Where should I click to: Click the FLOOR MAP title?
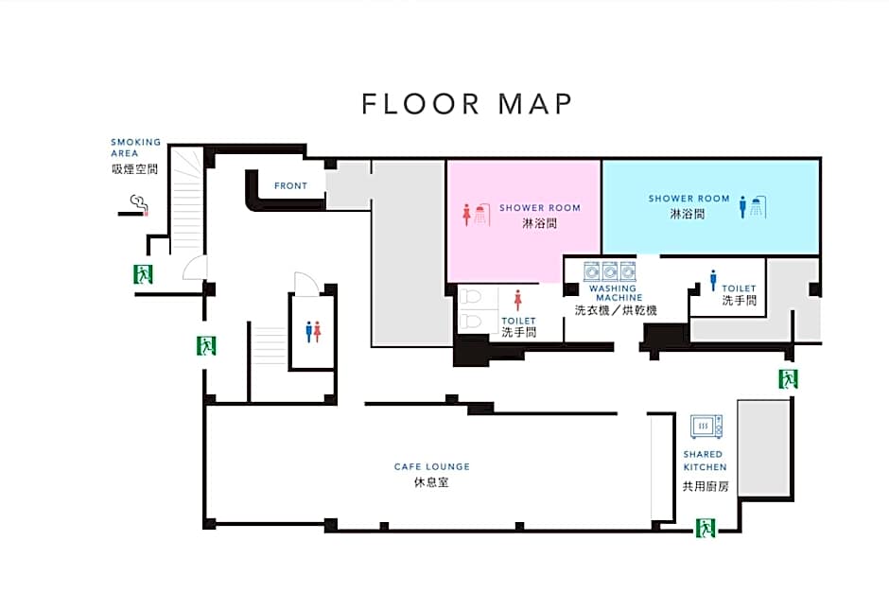pyautogui.click(x=466, y=104)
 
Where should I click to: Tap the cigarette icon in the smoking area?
pyautogui.click(x=133, y=206)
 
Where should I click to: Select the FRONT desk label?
pyautogui.click(x=291, y=186)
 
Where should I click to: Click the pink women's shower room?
pyautogui.click(x=523, y=221)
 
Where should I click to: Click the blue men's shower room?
pyautogui.click(x=710, y=207)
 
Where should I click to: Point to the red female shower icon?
pyautogui.click(x=476, y=215)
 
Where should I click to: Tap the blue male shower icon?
pyautogui.click(x=753, y=207)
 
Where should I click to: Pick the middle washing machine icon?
pyautogui.click(x=609, y=271)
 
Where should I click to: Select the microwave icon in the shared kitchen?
pyautogui.click(x=706, y=427)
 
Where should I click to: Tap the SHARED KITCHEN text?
pyautogui.click(x=705, y=461)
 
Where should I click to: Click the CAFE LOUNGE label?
pyautogui.click(x=432, y=466)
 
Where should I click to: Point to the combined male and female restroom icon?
pyautogui.click(x=313, y=332)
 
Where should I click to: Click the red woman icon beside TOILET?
pyautogui.click(x=517, y=301)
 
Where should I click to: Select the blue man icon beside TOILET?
pyautogui.click(x=713, y=281)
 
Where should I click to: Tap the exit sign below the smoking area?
pyautogui.click(x=143, y=274)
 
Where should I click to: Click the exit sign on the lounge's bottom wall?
pyautogui.click(x=706, y=528)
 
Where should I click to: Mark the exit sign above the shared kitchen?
pyautogui.click(x=788, y=378)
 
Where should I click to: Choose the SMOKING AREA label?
pyautogui.click(x=135, y=148)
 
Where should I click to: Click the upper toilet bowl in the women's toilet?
pyautogui.click(x=470, y=297)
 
